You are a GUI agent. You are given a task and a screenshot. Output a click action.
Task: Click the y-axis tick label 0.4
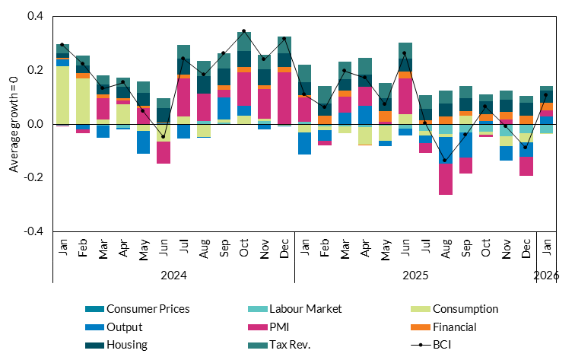tap(35, 16)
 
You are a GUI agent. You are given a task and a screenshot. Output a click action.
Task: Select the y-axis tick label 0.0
tap(35, 124)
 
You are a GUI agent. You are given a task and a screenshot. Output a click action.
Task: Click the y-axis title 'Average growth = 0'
tap(14, 124)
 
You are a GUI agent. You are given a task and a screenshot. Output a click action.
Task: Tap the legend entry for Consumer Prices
tap(148, 309)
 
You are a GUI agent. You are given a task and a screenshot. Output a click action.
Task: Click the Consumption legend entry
tap(465, 309)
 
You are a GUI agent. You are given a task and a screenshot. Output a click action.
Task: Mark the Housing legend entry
tap(126, 344)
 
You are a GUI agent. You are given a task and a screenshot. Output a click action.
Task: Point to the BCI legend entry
tap(443, 344)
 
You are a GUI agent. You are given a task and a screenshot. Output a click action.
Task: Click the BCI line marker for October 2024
tap(244, 31)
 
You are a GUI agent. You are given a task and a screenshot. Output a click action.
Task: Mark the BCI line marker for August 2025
tap(446, 161)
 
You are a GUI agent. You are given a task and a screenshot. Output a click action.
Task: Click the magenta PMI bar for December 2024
tap(284, 98)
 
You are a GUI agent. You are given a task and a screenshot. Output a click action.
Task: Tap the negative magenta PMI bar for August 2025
tap(446, 180)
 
